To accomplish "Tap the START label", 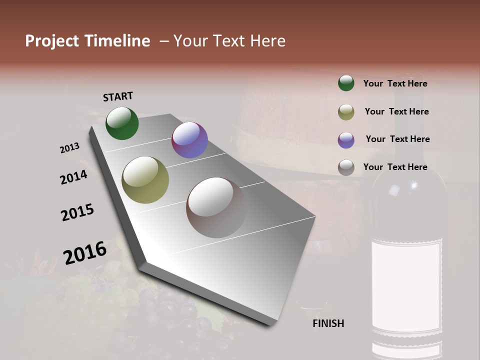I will click(x=118, y=96).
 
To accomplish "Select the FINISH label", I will click(x=328, y=323).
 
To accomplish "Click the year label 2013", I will click(x=70, y=148).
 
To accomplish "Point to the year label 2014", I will click(x=74, y=177).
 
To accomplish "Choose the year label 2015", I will click(x=77, y=212).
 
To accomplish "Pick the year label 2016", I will click(x=85, y=253).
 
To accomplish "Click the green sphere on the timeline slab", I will click(x=122, y=123).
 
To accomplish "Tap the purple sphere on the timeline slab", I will click(x=189, y=140).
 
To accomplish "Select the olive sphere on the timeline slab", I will click(x=145, y=180).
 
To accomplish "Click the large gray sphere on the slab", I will click(x=216, y=207).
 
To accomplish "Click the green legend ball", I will click(x=346, y=83).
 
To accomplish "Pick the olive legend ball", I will click(x=346, y=111).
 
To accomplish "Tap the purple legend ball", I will click(x=346, y=139).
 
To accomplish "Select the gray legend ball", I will click(x=346, y=167).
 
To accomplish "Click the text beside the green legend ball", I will click(x=395, y=83).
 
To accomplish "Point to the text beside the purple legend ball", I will click(x=397, y=139).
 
